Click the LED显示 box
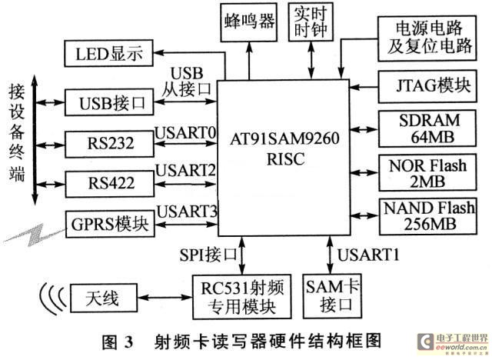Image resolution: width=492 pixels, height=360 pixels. click(109, 53)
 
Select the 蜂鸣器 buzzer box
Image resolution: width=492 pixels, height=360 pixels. click(249, 22)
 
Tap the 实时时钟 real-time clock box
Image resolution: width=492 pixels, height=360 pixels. click(311, 22)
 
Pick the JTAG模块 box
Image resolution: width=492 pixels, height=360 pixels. click(427, 87)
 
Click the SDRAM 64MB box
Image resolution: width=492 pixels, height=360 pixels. click(427, 128)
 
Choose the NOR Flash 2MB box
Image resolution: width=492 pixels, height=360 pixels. click(427, 172)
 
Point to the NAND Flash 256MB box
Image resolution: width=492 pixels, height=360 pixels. click(428, 217)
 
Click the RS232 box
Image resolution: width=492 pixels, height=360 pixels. click(109, 144)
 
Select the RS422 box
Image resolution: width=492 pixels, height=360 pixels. click(110, 184)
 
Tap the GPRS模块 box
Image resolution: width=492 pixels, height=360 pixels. click(110, 224)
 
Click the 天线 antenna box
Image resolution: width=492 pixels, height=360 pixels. click(103, 298)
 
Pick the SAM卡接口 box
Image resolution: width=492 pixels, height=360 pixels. click(331, 296)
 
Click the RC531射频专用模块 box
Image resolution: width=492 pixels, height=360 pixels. click(241, 297)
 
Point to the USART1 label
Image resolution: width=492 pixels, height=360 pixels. click(368, 255)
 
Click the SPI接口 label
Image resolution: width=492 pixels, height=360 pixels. click(208, 254)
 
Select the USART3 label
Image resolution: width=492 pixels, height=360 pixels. click(187, 212)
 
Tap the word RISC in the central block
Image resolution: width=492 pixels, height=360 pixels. click(285, 158)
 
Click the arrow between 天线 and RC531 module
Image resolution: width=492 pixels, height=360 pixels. click(165, 297)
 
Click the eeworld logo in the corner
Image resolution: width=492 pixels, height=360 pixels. click(453, 343)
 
